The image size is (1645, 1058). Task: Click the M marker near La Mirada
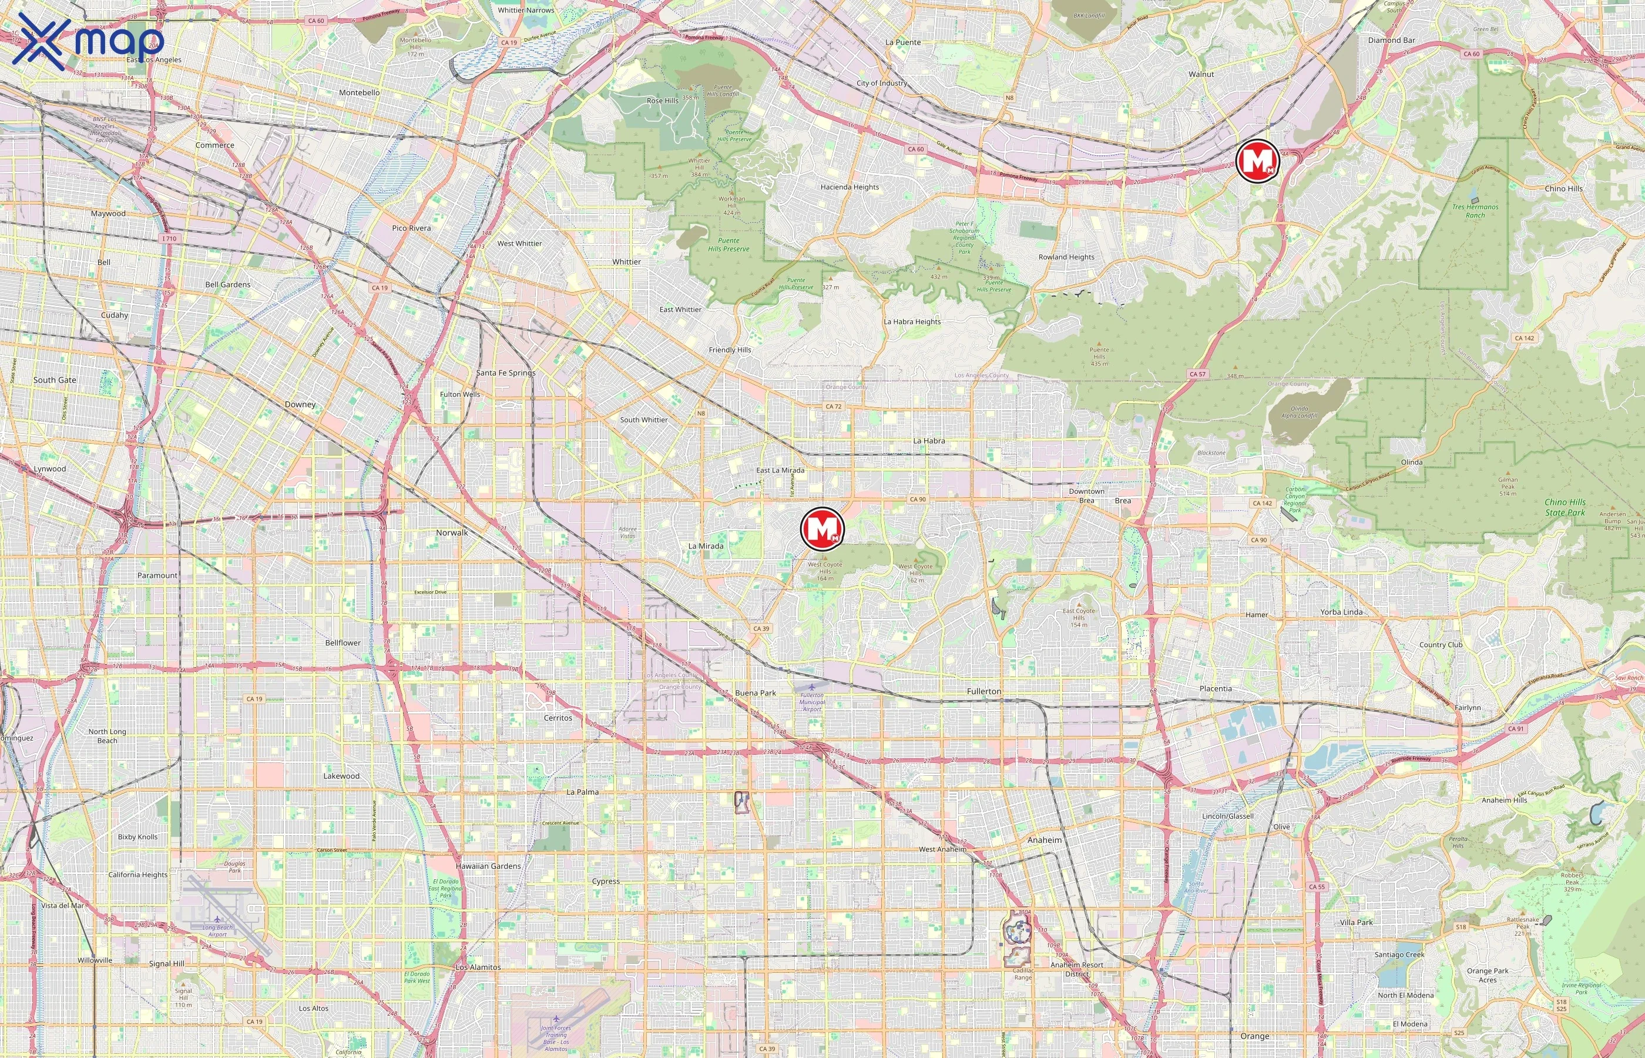pos(822,528)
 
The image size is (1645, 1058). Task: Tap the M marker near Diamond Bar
pos(1257,161)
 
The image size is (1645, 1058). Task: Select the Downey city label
pos(300,404)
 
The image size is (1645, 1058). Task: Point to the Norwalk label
pos(452,533)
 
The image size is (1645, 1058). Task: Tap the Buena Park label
pos(755,692)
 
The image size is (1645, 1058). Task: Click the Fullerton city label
pos(984,691)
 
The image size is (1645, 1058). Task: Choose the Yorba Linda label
pos(1341,612)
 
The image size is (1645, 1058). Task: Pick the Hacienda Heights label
pos(850,187)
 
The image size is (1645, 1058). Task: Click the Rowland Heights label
pos(1066,257)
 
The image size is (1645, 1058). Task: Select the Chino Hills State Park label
pos(1565,507)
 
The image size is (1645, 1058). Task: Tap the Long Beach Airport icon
pos(217,919)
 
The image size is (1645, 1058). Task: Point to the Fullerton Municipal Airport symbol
pos(812,687)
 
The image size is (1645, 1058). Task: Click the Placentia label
pos(1215,688)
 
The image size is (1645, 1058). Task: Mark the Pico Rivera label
pos(411,228)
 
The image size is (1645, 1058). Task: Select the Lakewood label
pos(341,776)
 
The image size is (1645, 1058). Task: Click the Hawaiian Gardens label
pos(488,866)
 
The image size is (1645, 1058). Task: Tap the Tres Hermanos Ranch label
pos(1475,211)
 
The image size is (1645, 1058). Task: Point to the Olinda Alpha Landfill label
pos(1299,412)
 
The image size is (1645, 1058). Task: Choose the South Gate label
pos(55,380)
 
